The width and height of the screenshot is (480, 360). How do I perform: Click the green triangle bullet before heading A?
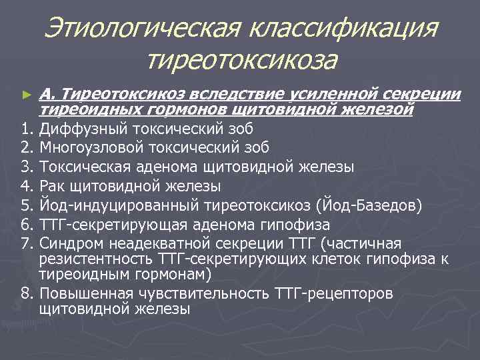tap(26, 96)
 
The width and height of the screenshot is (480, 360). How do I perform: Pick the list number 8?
tap(25, 294)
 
